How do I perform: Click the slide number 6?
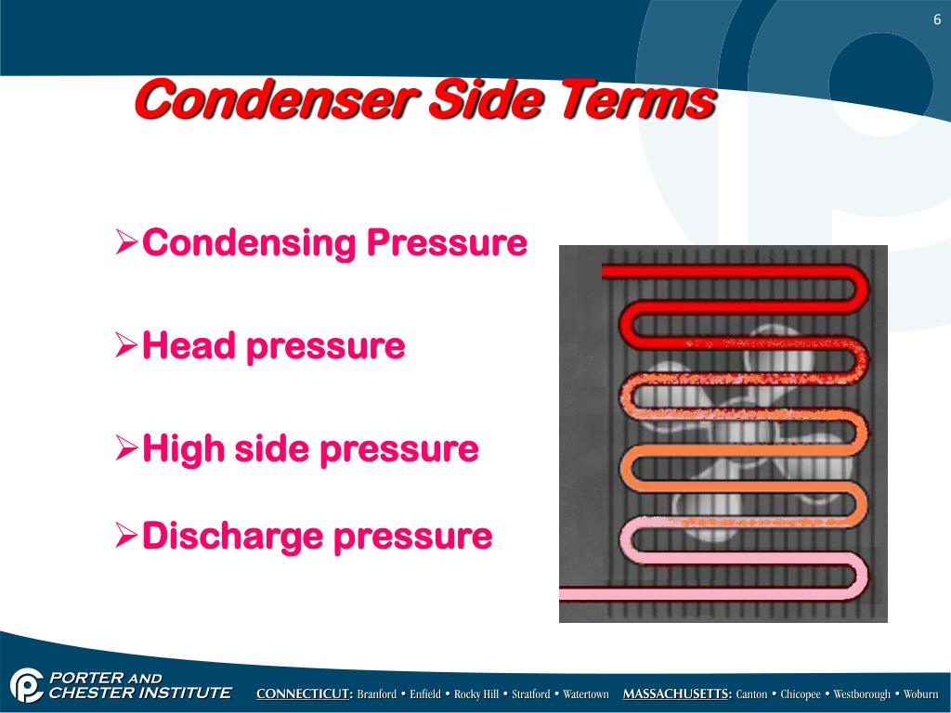tap(938, 20)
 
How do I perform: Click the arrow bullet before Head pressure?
tap(126, 346)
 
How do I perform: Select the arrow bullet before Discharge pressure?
tap(126, 536)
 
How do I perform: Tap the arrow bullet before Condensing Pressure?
tap(126, 244)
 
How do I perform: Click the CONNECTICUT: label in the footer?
tap(305, 694)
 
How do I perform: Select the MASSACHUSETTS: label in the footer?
tap(677, 694)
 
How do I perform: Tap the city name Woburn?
tap(921, 694)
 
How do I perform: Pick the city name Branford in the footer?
tap(377, 694)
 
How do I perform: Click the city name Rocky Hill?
tap(476, 694)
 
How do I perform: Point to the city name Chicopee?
tap(801, 694)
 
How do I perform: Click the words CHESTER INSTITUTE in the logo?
tap(139, 693)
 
